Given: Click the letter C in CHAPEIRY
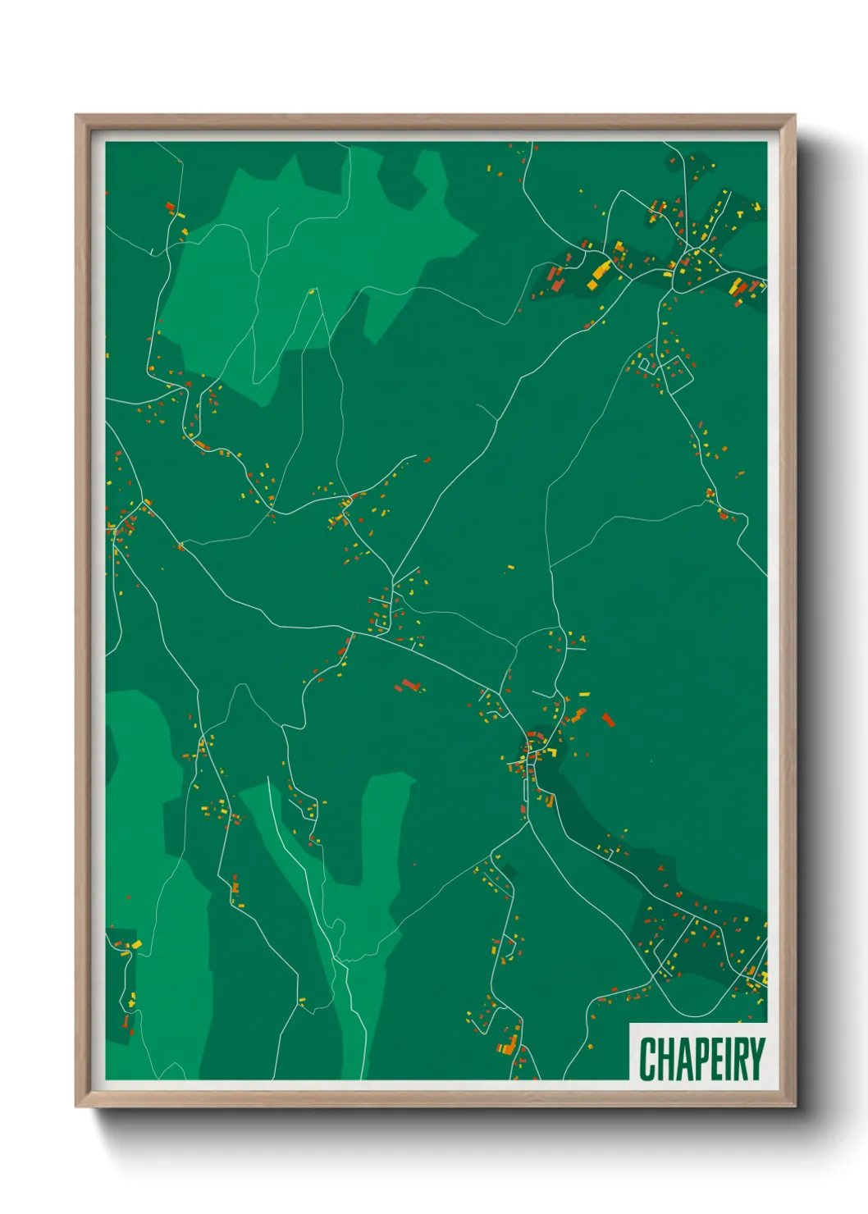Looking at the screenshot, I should [x=647, y=1059].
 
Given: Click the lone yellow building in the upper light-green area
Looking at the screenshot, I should [x=311, y=290].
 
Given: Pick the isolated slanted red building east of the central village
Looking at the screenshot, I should [x=608, y=719].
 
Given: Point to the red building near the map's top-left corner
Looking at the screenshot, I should [x=170, y=207].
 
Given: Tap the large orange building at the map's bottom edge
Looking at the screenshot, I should [x=509, y=1046].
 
